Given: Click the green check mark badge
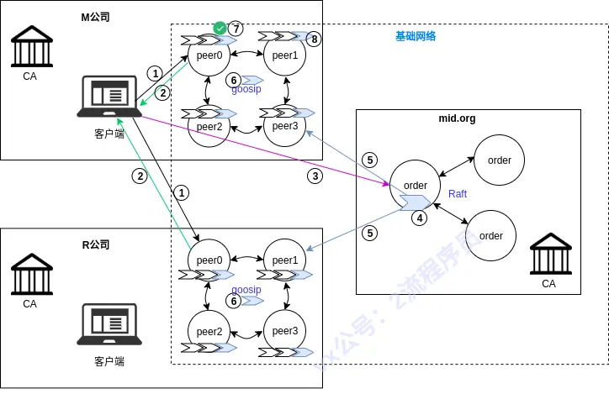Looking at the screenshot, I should (220, 29).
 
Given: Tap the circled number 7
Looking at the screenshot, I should (236, 29).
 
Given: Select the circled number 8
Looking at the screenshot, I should (314, 39).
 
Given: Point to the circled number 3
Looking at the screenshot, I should (315, 176).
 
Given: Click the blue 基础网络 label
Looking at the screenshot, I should (416, 37).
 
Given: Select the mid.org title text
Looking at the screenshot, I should (457, 118).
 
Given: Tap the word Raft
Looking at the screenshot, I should (458, 194).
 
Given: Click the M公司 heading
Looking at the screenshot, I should (95, 17).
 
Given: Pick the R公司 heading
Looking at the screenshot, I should (95, 244).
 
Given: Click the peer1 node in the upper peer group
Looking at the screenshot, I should (284, 55).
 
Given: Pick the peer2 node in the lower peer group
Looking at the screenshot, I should (209, 331).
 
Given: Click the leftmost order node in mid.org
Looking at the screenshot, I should (416, 186).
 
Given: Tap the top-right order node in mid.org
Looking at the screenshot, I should (500, 160).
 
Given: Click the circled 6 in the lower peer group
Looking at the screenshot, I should (235, 300).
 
